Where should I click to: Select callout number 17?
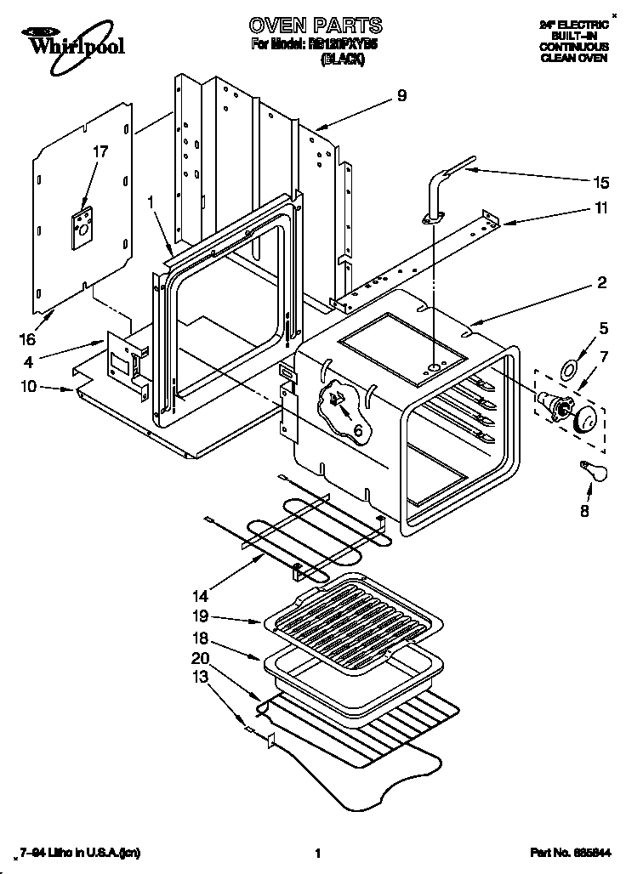coord(100,152)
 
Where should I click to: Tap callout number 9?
coord(401,96)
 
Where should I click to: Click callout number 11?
coord(601,208)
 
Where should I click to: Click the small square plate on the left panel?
coord(83,228)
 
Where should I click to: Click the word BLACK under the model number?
coord(341,61)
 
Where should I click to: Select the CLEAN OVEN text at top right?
coord(573,59)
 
